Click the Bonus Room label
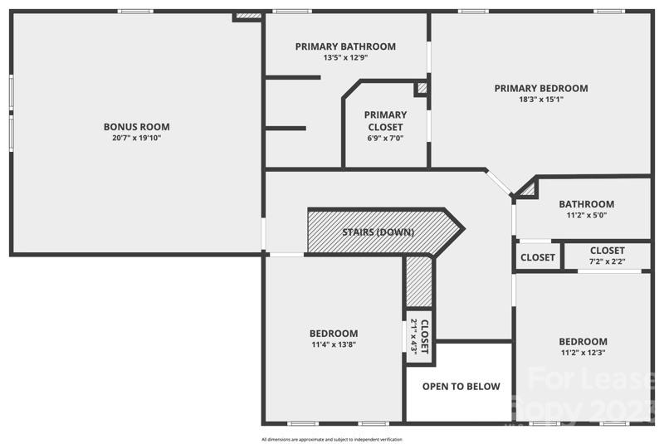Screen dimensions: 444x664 [x=136, y=127]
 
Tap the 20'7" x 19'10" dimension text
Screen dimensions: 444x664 [x=136, y=139]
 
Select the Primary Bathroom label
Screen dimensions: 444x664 [x=345, y=46]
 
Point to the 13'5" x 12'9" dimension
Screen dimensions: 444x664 [x=345, y=58]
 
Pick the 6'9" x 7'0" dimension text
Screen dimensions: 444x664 [x=385, y=139]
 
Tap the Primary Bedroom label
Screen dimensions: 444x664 [x=540, y=88]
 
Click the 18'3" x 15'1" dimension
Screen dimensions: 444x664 [x=540, y=100]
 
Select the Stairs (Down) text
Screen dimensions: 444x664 [x=378, y=232]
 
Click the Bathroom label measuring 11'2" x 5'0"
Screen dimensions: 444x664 [x=586, y=204]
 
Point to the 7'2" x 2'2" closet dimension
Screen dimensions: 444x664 [x=607, y=262]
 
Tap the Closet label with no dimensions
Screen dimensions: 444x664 [x=538, y=257]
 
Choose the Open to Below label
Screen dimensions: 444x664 [x=461, y=387]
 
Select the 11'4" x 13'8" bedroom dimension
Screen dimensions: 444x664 [x=334, y=345]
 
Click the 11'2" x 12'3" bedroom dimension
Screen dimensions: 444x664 [x=582, y=353]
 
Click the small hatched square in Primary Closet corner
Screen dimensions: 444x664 [x=422, y=87]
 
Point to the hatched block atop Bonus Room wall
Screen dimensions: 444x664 [x=247, y=15]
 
